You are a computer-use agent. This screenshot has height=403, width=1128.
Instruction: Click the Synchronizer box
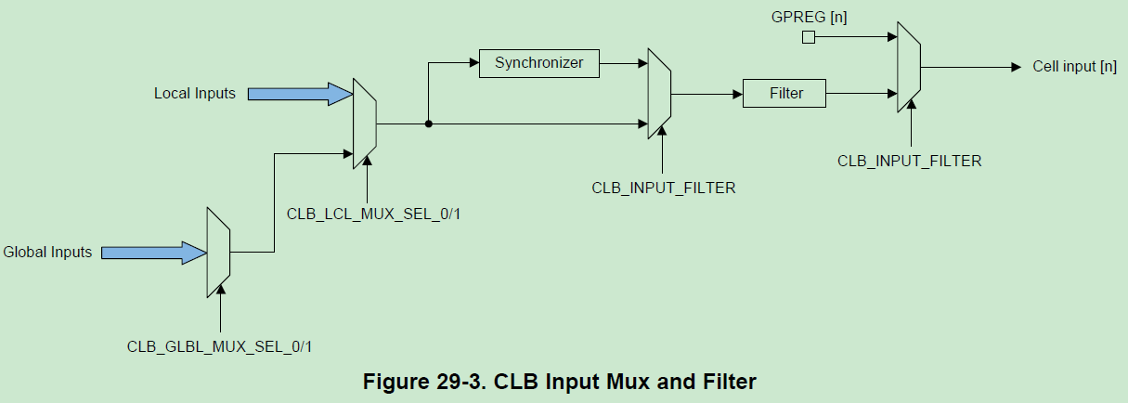coord(538,63)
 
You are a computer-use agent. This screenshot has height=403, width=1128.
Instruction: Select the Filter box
coord(784,93)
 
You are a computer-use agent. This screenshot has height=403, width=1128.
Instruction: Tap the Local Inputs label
coord(195,93)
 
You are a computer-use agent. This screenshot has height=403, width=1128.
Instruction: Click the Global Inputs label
coord(47,252)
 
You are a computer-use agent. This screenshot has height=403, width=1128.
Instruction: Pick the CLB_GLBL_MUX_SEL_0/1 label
coord(220,345)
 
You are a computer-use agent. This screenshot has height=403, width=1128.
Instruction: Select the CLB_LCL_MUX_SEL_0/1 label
coord(374,214)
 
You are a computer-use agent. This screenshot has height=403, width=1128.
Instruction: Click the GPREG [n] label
coord(810,16)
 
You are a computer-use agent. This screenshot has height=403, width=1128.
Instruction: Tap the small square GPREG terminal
coord(809,37)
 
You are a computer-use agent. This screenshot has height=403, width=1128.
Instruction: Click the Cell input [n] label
coord(1074,67)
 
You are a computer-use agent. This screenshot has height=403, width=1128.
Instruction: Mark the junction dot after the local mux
coord(428,123)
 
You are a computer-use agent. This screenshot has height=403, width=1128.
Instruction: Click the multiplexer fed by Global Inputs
coord(218,252)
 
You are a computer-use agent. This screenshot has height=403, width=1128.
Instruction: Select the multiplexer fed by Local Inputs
coord(364,123)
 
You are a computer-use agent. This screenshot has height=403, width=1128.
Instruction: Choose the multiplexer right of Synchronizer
coord(659,94)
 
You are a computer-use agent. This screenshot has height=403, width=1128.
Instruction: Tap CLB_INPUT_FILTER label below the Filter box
coord(909,161)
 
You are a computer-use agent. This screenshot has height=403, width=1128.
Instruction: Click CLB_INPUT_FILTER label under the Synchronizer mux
coord(663,188)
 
